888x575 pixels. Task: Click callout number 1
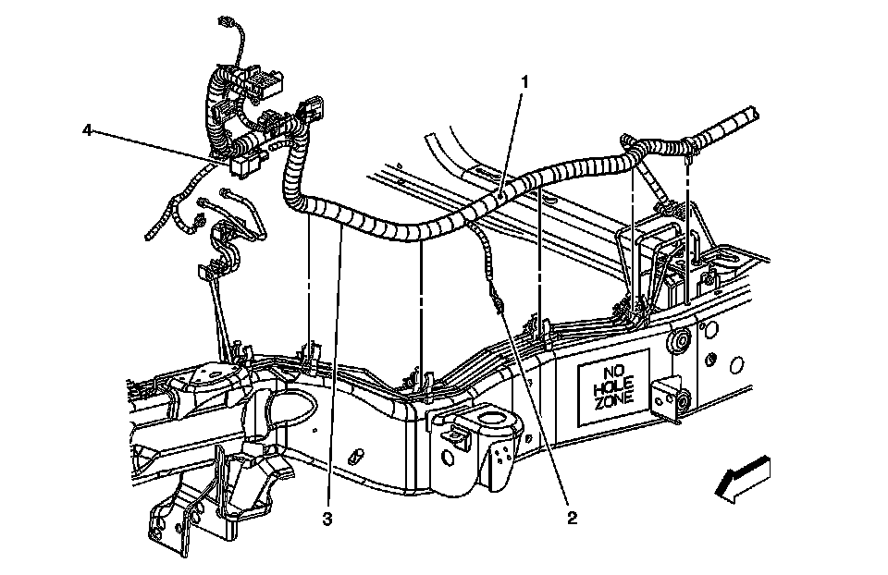pyautogui.click(x=525, y=82)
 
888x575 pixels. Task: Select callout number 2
pyautogui.click(x=573, y=518)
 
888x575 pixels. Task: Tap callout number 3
pyautogui.click(x=327, y=519)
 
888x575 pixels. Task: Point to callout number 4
pyautogui.click(x=88, y=130)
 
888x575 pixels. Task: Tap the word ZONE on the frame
pyautogui.click(x=612, y=400)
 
